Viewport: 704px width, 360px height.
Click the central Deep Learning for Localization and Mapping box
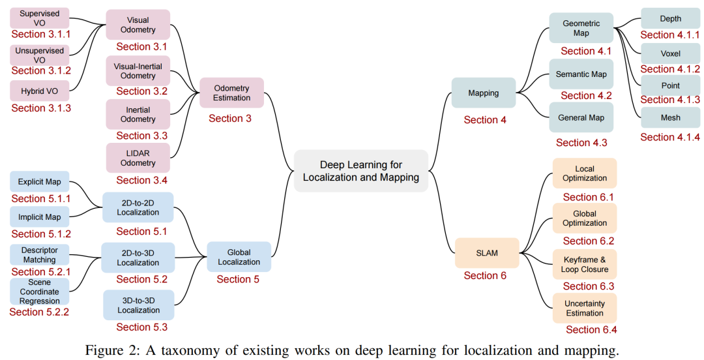pyautogui.click(x=360, y=171)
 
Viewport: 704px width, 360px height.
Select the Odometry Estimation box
pyautogui.click(x=231, y=93)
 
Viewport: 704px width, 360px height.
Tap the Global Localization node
pyautogui.click(x=239, y=257)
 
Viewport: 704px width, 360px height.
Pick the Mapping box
pyautogui.click(x=483, y=93)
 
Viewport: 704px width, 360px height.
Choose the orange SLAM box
pyautogui.click(x=486, y=253)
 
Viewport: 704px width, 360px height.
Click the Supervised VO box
pyautogui.click(x=39, y=18)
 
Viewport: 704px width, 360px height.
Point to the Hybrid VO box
pyautogui.click(x=39, y=91)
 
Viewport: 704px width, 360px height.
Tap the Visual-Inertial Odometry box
pyautogui.click(x=138, y=71)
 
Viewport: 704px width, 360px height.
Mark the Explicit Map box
pyautogui.click(x=39, y=182)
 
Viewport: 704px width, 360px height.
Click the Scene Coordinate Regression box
pyautogui.click(x=39, y=292)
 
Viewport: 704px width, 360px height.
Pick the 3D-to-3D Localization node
pyautogui.click(x=138, y=305)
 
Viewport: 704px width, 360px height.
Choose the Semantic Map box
pyautogui.click(x=581, y=74)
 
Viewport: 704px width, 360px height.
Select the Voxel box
pyautogui.click(x=670, y=53)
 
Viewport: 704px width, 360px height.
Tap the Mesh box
pyautogui.click(x=670, y=118)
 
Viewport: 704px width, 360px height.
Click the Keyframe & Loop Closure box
pyautogui.click(x=584, y=265)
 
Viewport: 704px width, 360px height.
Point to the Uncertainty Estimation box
pyautogui.click(x=584, y=308)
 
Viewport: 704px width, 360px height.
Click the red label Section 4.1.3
pyautogui.click(x=670, y=100)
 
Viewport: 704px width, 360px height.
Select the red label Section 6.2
pyautogui.click(x=589, y=241)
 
